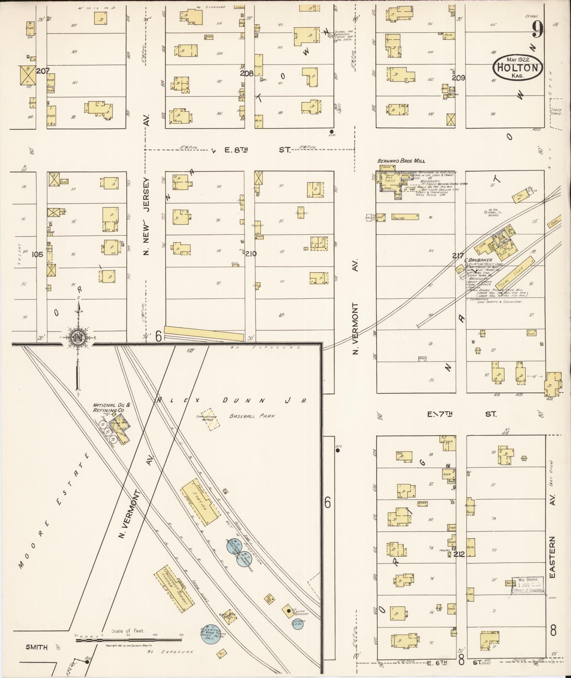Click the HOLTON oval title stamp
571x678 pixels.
tap(518, 67)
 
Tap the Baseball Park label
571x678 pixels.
tap(252, 416)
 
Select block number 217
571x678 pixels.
tap(458, 255)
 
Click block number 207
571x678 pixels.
tap(43, 71)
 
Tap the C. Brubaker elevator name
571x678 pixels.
tap(479, 260)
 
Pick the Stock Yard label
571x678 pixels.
tap(556, 112)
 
